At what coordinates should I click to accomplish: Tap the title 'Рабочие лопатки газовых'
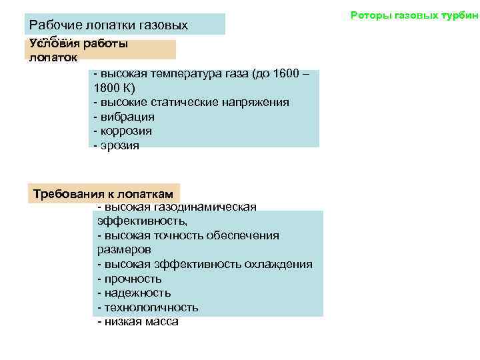[109, 25]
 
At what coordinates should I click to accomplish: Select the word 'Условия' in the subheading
[54, 44]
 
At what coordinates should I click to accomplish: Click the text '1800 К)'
[115, 88]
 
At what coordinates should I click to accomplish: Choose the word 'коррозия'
[125, 131]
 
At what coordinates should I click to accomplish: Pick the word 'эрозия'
[120, 146]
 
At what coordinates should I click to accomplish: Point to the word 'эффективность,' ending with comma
[142, 221]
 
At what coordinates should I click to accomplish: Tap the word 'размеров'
[124, 250]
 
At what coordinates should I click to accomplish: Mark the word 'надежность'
[137, 293]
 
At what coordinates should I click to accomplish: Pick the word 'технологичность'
[151, 307]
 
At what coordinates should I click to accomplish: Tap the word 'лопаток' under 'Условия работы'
[53, 57]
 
